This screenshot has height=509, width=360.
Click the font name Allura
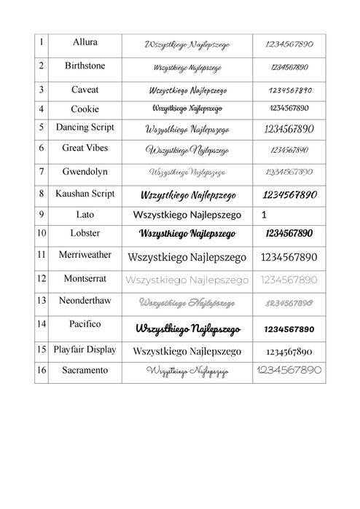(x=85, y=43)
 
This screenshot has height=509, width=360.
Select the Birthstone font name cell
(x=85, y=66)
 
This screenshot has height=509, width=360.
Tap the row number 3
(x=42, y=90)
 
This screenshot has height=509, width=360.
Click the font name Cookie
(x=85, y=109)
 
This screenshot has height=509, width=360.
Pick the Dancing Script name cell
(x=85, y=127)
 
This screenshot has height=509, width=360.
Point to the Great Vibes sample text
(x=187, y=151)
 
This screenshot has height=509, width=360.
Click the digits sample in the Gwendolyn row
(x=289, y=173)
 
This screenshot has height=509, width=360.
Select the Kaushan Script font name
(x=85, y=194)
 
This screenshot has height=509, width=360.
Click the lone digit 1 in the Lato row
(x=263, y=216)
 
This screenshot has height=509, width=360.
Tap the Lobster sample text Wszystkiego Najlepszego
(x=187, y=234)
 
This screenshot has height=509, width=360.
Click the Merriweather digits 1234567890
(x=289, y=257)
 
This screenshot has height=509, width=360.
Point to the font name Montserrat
(x=85, y=278)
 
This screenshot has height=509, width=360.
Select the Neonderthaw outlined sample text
(x=187, y=301)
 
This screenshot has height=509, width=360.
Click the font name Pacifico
(x=85, y=324)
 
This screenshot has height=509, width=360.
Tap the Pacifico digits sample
(x=289, y=328)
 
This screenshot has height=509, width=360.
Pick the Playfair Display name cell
(x=85, y=350)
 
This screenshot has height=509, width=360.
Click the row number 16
(x=42, y=371)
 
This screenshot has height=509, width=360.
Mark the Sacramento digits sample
(x=289, y=371)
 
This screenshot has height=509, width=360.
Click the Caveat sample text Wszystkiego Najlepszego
(x=187, y=91)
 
